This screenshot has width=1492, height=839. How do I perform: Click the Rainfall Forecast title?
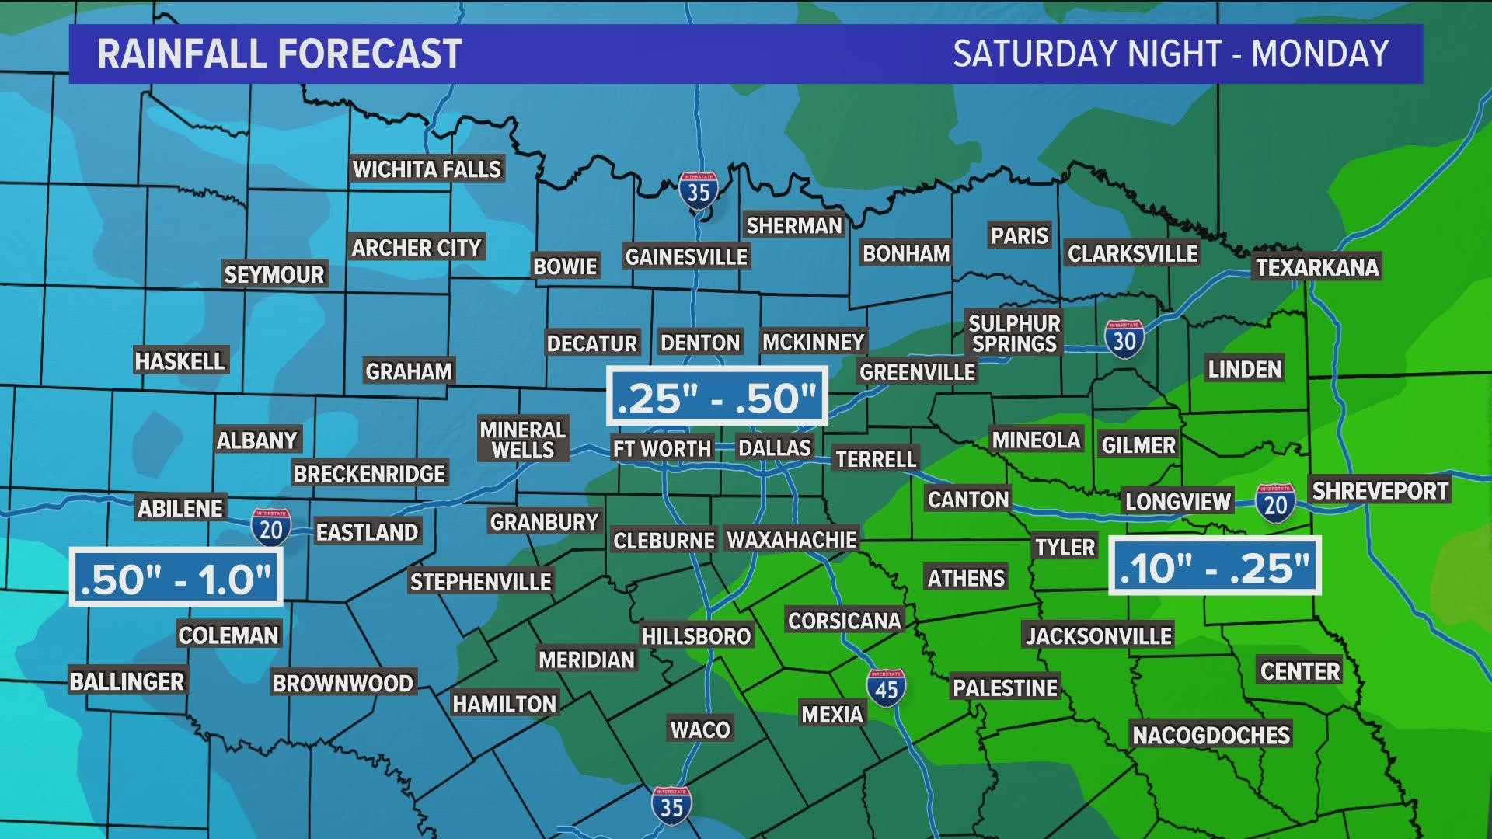pos(279,54)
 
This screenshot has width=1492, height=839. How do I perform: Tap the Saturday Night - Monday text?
pos(1170,54)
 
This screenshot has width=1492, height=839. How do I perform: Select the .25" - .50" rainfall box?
pos(716,398)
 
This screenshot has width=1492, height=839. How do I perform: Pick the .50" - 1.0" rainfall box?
pos(176,578)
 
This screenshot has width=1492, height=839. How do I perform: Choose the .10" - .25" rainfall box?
pos(1215,566)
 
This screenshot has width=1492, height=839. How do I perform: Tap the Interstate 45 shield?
pos(886,688)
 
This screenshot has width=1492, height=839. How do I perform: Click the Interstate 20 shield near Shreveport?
pos(1275,503)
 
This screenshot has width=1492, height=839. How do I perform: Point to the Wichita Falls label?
pos(427,169)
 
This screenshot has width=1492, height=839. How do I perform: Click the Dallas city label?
pos(774,448)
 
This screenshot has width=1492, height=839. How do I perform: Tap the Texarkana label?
pos(1317,267)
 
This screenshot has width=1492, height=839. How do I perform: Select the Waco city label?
pos(700,729)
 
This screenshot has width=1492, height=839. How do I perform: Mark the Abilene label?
pos(180,509)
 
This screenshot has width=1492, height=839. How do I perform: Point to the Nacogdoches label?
pos(1211,735)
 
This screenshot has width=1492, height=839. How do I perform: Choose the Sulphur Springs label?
pos(1014,334)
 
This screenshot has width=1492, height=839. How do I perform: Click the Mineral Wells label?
pos(522,440)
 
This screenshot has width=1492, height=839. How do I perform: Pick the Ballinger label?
pos(127,681)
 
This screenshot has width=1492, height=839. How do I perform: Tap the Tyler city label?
pos(1065,547)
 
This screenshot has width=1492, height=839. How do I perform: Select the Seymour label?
pos(274,274)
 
